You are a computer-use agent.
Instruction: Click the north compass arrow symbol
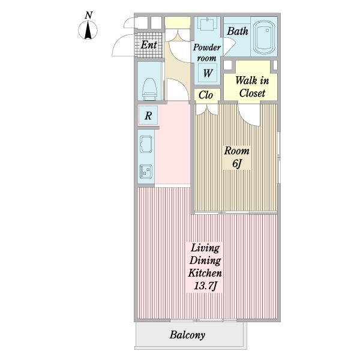tap(88, 30)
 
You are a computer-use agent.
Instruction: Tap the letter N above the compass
tap(88, 15)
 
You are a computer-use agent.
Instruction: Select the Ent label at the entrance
tap(149, 45)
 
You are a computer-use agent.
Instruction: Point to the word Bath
tap(238, 31)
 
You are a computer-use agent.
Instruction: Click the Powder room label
tap(206, 53)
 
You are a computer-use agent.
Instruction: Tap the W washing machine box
tap(208, 73)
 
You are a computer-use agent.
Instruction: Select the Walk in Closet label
tap(252, 87)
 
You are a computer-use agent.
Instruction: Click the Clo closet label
tap(206, 95)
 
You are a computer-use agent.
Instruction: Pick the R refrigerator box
tap(148, 115)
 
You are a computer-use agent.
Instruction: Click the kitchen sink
tap(146, 144)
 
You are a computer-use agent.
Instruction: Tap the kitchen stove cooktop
tap(146, 172)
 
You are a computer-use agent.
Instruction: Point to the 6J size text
tap(237, 163)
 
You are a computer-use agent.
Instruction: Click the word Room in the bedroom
tap(237, 151)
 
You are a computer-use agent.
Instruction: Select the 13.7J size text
tap(205, 286)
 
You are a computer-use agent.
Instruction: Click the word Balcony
tap(187, 335)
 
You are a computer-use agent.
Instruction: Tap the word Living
tap(205, 248)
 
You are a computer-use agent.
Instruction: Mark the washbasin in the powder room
tap(207, 23)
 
